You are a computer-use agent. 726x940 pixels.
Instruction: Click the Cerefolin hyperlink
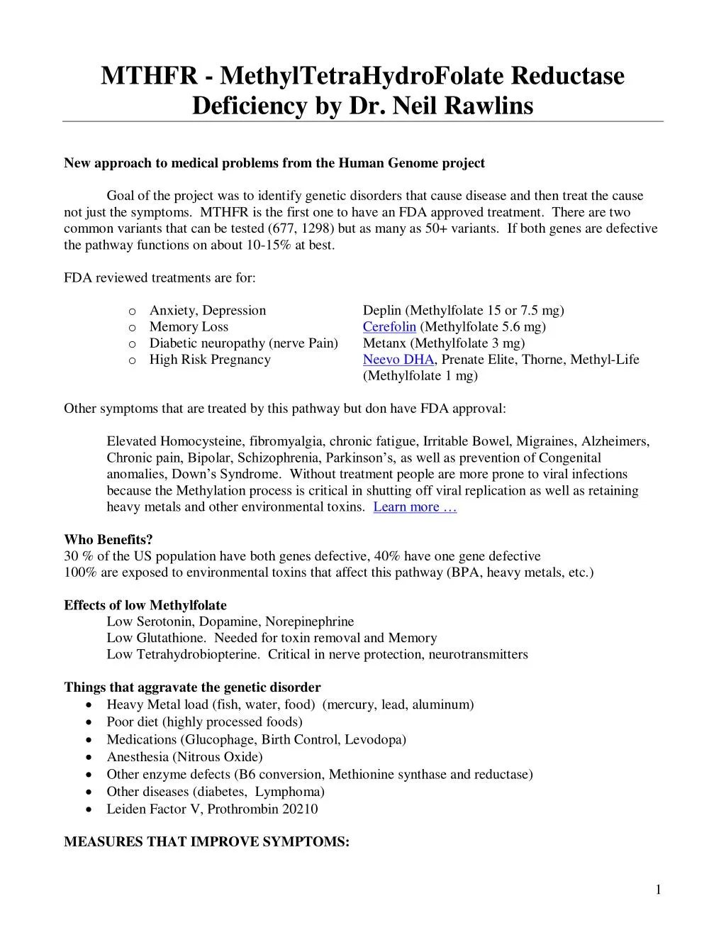tap(389, 326)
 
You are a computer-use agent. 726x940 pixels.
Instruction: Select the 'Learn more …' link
tap(415, 507)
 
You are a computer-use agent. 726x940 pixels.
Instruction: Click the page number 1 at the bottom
tap(658, 890)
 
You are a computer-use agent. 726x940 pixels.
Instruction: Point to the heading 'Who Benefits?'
tap(108, 540)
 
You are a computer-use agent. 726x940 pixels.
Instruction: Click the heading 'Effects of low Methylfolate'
tap(145, 605)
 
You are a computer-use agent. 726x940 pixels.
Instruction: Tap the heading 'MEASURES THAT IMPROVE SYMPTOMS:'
tap(206, 842)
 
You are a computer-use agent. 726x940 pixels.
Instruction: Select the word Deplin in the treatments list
tap(382, 310)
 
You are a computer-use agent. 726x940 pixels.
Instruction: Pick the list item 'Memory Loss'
tap(189, 326)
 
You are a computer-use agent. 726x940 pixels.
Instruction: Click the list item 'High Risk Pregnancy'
tap(210, 359)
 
